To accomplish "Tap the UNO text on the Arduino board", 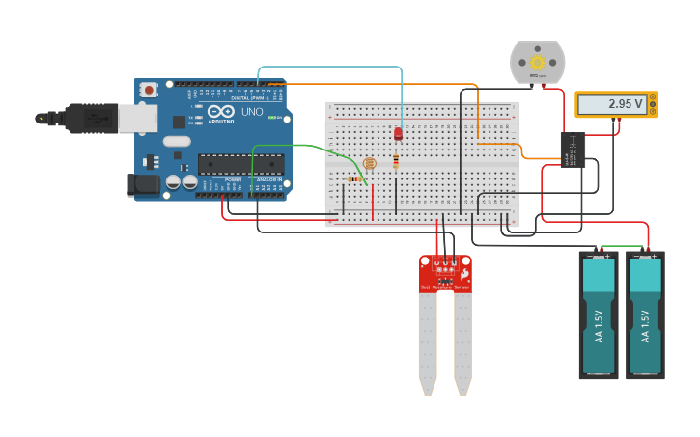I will point(252,112).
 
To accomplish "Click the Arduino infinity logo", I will point(219,112).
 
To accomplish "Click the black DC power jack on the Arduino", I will point(145,183).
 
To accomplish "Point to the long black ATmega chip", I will point(240,164).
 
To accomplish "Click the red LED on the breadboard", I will point(398,134).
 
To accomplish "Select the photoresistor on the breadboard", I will point(370,164).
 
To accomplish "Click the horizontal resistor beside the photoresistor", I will point(353,178).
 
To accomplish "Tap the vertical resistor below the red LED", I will point(395,160).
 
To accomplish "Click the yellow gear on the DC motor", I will point(537,63).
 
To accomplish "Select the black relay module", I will point(572,150).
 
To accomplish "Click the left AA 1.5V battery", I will point(599,318).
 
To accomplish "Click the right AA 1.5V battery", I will point(645,318).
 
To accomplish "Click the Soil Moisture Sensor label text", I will point(445,287).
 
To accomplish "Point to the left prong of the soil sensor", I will point(428,342).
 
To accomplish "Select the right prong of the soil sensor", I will point(462,342).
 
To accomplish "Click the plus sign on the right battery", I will point(653,257).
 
